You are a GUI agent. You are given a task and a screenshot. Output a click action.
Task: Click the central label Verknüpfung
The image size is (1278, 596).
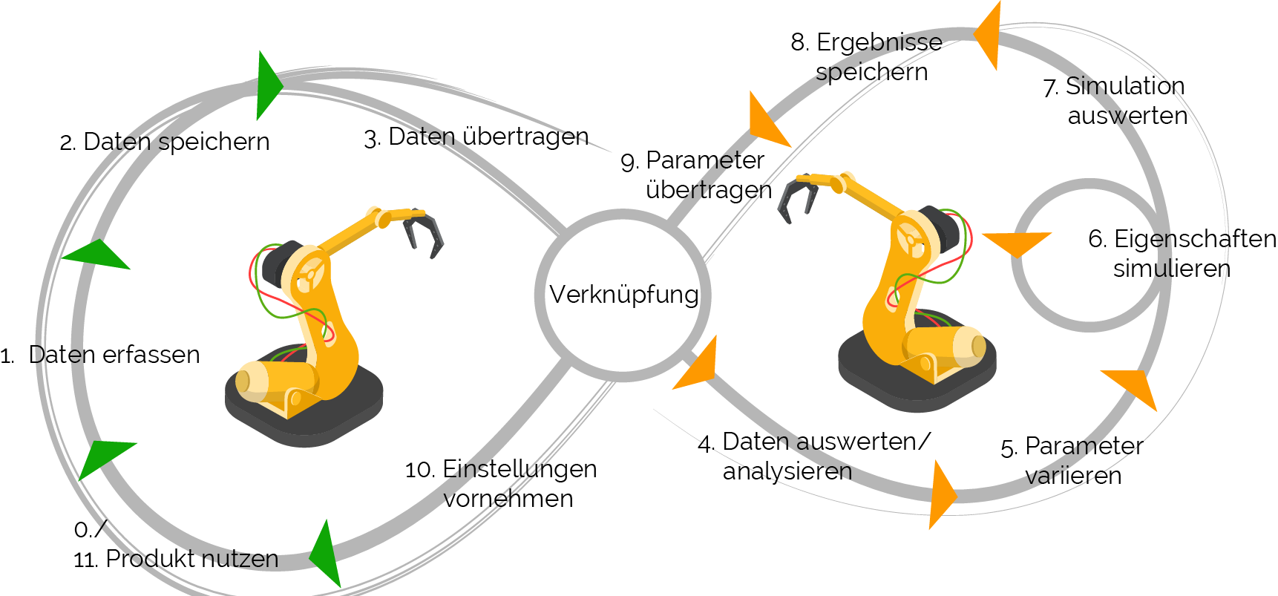click(624, 295)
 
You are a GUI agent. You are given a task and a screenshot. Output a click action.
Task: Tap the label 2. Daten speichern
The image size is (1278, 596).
click(165, 142)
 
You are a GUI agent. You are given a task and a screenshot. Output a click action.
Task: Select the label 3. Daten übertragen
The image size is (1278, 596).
click(476, 137)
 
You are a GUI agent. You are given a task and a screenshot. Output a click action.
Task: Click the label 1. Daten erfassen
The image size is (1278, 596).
click(100, 355)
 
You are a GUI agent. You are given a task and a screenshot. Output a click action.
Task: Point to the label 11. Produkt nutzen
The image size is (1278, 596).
click(176, 559)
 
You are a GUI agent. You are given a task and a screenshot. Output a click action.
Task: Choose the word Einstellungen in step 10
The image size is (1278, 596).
click(520, 469)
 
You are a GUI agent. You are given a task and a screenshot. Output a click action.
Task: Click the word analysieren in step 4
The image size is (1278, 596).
click(787, 471)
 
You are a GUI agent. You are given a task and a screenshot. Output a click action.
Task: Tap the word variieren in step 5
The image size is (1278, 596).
click(1073, 475)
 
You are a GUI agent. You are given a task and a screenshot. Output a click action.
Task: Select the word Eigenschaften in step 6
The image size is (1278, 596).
click(1195, 239)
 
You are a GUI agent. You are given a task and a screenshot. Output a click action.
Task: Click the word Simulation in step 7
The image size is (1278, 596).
click(1125, 86)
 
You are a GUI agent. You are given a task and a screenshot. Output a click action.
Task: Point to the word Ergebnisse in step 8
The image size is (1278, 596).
click(879, 42)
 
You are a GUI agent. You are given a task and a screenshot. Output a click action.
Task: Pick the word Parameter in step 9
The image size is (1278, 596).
click(705, 160)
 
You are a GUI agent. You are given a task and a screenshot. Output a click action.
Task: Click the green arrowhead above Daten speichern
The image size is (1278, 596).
click(269, 85)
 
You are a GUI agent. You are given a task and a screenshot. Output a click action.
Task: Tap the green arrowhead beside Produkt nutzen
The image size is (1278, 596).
click(327, 554)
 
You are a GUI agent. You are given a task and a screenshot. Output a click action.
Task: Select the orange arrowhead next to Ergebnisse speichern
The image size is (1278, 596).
click(989, 35)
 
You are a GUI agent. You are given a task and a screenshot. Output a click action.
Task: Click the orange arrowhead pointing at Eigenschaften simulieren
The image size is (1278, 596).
click(1018, 243)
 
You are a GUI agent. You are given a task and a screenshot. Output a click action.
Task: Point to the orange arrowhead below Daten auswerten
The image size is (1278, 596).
click(942, 494)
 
